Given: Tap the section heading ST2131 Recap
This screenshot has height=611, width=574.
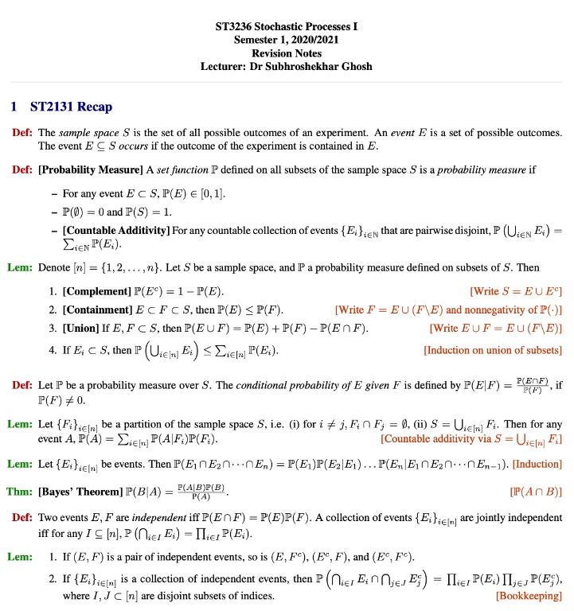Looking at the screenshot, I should [x=71, y=107].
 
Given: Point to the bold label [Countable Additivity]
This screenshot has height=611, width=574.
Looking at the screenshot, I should [x=115, y=231].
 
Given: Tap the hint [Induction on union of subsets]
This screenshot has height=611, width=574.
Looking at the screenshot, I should [x=493, y=350].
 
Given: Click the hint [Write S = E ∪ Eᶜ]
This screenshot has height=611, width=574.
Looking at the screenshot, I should [x=516, y=290].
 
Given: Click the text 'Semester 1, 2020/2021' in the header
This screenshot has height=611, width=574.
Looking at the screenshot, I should [x=287, y=40].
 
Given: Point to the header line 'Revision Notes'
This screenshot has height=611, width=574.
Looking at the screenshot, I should [x=287, y=53].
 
